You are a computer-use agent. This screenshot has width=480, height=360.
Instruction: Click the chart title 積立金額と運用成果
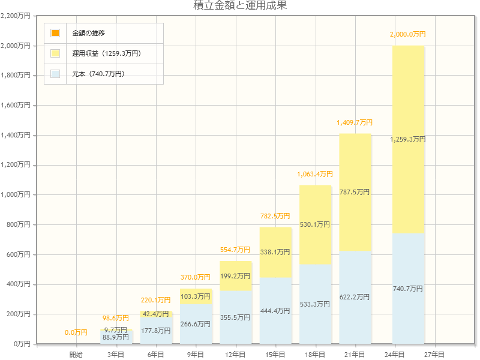point(240,6)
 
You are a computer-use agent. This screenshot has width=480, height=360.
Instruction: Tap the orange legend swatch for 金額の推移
point(55,33)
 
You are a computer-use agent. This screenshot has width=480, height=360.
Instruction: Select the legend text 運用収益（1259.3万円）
point(106,53)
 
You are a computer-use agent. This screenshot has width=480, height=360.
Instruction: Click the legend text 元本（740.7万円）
point(98,74)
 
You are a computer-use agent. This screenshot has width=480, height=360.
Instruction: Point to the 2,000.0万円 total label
point(408,35)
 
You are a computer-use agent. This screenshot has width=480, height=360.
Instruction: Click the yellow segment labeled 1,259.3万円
point(408,139)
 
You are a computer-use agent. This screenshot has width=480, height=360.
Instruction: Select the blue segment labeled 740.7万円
point(408,289)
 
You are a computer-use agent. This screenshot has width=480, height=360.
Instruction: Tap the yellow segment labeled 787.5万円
point(355,193)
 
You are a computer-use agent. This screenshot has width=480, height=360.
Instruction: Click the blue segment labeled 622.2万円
point(355,297)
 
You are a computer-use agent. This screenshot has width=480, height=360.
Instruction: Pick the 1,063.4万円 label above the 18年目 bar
point(315,175)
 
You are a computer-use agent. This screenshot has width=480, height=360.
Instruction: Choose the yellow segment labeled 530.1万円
point(315,224)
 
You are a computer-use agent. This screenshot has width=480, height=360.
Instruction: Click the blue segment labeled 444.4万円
point(275,311)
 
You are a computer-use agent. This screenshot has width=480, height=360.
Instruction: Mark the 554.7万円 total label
point(236,250)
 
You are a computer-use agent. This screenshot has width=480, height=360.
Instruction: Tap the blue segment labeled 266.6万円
point(196,324)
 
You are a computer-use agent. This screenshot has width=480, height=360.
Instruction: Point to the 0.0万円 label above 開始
point(76,332)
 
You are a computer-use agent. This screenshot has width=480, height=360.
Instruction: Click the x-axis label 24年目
point(394,355)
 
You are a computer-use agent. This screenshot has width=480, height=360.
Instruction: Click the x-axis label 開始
point(76,355)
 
